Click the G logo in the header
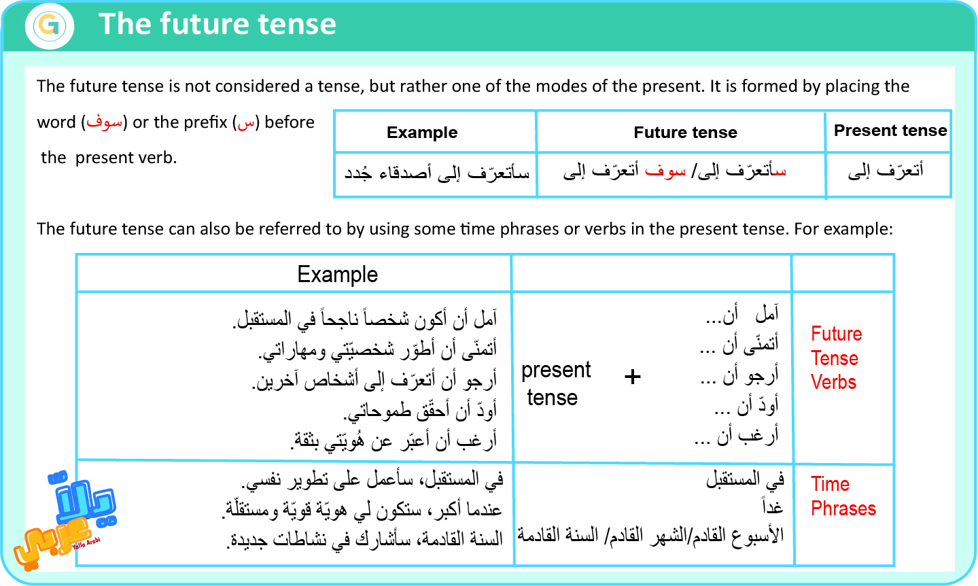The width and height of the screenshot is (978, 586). tap(50, 25)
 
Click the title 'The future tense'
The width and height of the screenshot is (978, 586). tap(217, 24)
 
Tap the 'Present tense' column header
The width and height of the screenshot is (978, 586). tap(890, 130)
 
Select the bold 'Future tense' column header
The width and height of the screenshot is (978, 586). tap(685, 132)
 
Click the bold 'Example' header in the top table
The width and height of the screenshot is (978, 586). tap(422, 132)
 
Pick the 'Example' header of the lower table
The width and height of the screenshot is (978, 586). tap(338, 274)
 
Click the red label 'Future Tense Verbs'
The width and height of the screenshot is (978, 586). tap(836, 358)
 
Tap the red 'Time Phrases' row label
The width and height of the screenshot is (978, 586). tap(843, 496)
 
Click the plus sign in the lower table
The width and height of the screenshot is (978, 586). tap(632, 377)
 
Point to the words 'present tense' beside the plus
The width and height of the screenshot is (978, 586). tap(556, 383)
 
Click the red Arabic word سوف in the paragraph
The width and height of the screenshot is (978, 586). tap(105, 122)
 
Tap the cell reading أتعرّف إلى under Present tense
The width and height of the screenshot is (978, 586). tap(886, 171)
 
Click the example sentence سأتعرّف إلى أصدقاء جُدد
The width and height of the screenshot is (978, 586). tap(436, 172)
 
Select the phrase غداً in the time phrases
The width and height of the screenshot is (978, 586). tap(772, 506)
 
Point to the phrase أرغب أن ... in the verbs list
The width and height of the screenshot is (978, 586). tap(737, 436)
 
